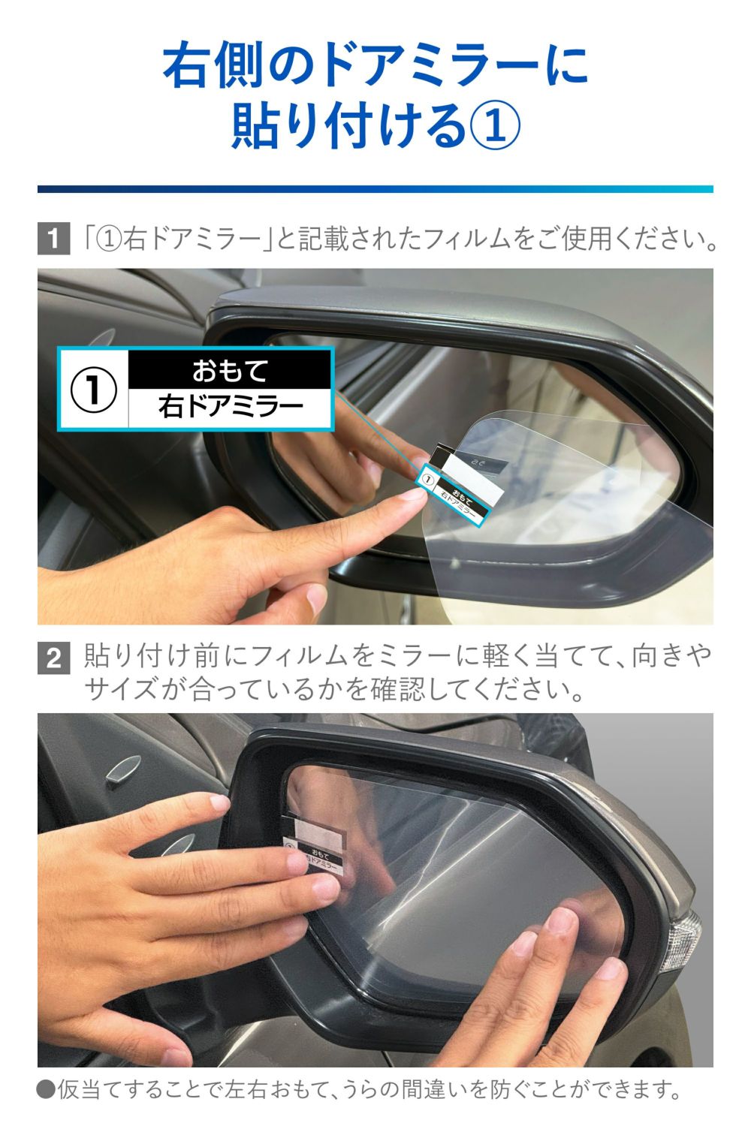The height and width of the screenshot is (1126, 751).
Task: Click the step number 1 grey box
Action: pyautogui.click(x=53, y=239)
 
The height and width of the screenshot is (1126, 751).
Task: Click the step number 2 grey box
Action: pyautogui.click(x=53, y=658)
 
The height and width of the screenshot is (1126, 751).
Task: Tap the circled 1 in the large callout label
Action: pyautogui.click(x=94, y=389)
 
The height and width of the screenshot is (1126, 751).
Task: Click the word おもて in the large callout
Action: pyautogui.click(x=230, y=370)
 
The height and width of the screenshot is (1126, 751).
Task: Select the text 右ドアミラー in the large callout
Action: pyautogui.click(x=230, y=408)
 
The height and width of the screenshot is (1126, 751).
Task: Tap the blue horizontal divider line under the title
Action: pyautogui.click(x=375, y=189)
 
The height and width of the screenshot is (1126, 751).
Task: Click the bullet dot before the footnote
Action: pyautogui.click(x=46, y=1089)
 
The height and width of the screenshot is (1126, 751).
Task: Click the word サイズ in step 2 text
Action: pyautogui.click(x=120, y=688)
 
